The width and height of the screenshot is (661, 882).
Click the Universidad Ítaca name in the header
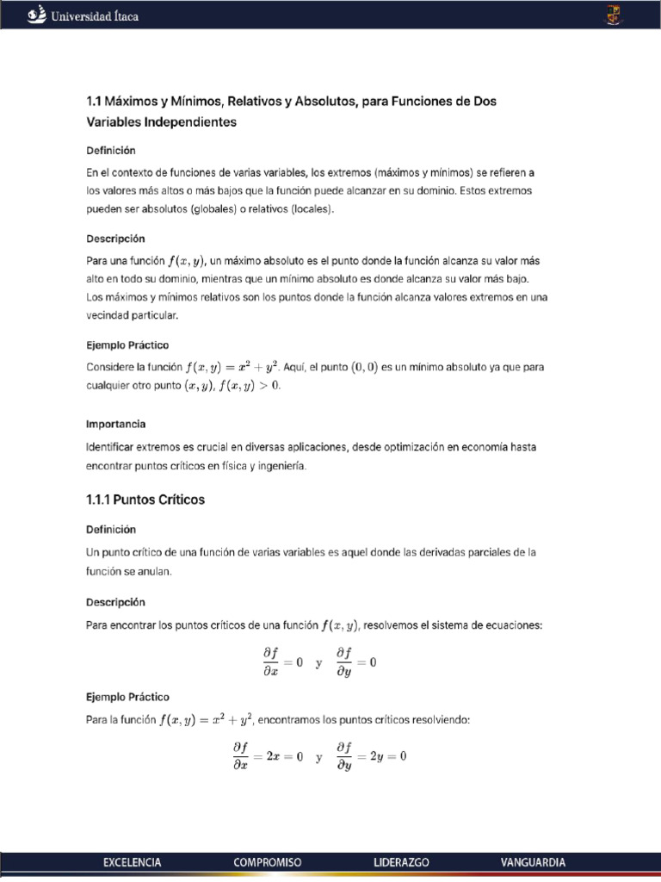(95, 16)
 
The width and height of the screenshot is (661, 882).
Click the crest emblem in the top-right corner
(614, 15)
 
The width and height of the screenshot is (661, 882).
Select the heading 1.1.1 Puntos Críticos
(145, 500)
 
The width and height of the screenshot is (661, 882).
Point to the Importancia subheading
(115, 425)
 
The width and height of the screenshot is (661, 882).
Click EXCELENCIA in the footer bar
(132, 862)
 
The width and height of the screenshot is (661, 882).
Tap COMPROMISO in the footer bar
(268, 862)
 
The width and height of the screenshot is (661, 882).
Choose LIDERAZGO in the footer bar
(401, 862)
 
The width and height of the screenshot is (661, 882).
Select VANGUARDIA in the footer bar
(533, 862)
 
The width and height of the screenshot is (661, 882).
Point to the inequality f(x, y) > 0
(247, 385)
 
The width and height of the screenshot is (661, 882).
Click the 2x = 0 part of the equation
(284, 756)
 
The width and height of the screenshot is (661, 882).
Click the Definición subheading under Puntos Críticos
(110, 529)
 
